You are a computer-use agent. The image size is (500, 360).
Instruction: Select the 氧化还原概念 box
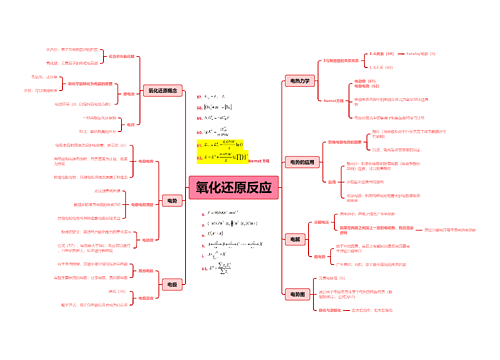coord(162,90)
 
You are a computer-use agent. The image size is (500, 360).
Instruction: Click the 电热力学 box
coord(298,80)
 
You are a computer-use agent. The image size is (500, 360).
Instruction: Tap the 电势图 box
coord(296,294)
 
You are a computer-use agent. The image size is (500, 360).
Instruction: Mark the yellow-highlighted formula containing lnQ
coord(219,143)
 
